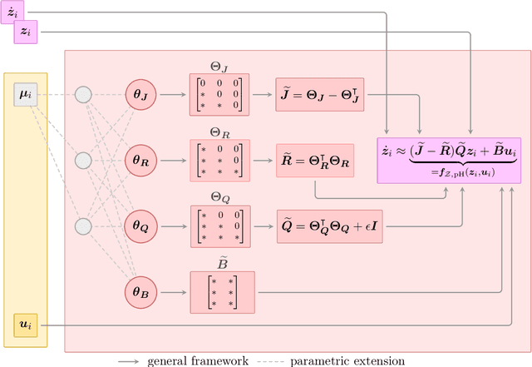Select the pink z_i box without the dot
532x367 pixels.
click(26, 32)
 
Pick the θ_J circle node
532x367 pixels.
click(139, 94)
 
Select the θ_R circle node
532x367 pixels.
click(139, 160)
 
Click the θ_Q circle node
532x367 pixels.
click(139, 226)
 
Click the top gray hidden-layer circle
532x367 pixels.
click(83, 94)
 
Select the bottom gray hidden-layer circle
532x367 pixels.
click(83, 226)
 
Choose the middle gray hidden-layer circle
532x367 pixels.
click(83, 160)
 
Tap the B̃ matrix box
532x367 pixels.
click(222, 292)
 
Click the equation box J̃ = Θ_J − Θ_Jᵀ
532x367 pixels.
click(320, 94)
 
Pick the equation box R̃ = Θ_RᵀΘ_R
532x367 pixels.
click(320, 160)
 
